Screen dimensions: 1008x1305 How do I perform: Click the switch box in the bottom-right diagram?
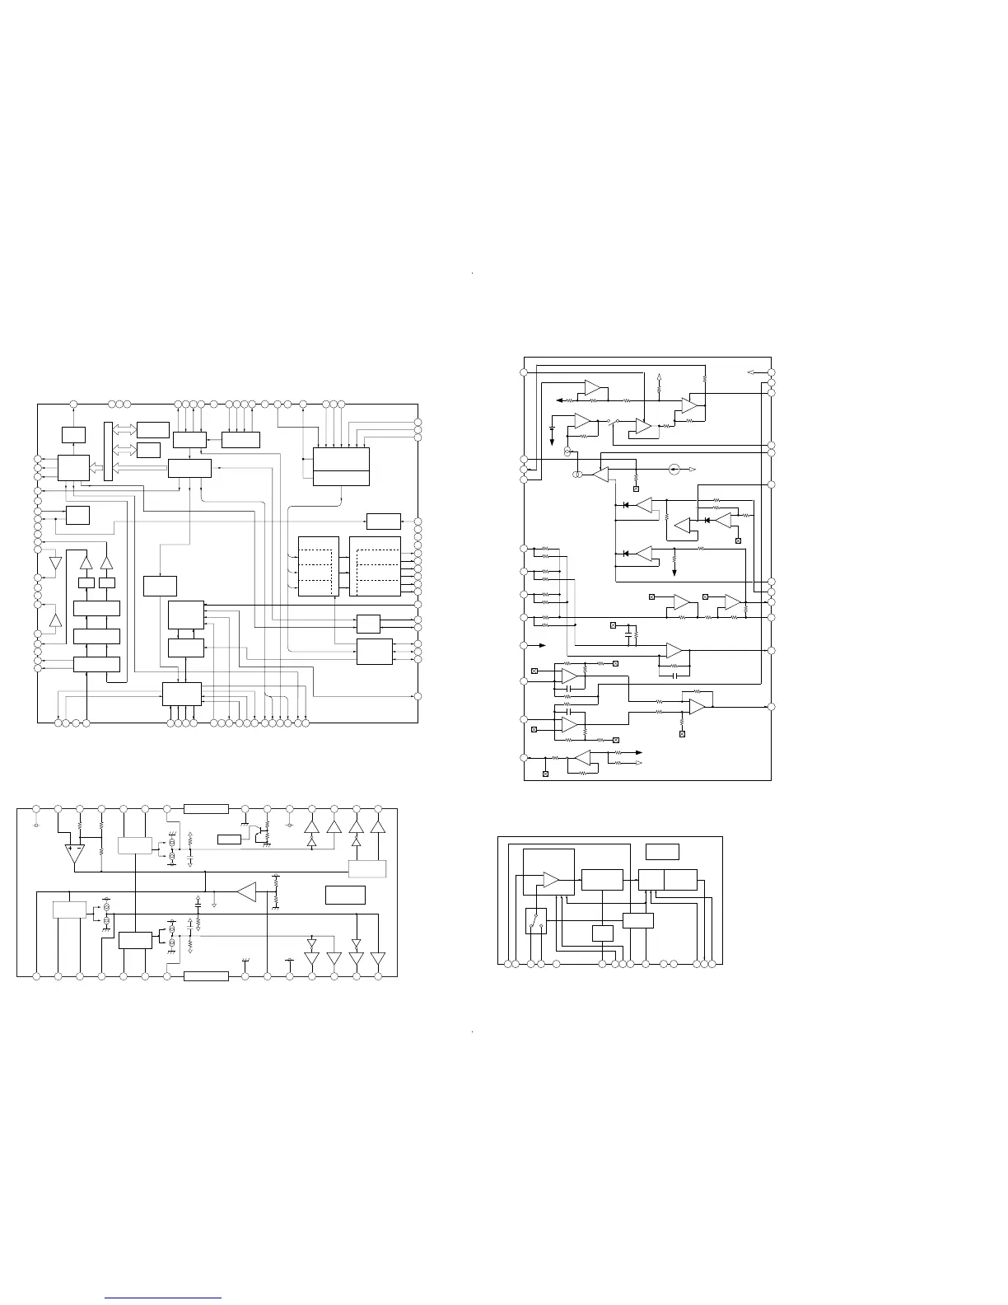pos(536,920)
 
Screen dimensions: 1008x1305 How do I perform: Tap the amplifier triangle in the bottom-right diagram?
pos(551,882)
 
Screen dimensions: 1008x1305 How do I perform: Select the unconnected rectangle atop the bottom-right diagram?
pos(662,851)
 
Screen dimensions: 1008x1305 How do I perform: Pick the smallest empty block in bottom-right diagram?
pos(603,933)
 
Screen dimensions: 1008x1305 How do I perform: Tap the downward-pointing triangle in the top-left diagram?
pos(55,564)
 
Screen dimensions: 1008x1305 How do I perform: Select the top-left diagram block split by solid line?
pos(342,466)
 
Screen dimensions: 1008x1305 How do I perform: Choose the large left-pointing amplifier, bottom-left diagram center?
pos(246,891)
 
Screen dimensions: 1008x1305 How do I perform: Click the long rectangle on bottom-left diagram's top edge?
pos(206,808)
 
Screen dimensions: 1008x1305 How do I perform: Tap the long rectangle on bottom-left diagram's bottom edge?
pos(206,976)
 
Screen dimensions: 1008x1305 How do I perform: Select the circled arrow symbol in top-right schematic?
pos(674,469)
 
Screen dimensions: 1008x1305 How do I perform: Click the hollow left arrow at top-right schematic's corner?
pos(751,372)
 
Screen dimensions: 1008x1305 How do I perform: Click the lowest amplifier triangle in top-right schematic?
pos(584,759)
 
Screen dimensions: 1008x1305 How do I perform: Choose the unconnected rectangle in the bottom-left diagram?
pos(345,895)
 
